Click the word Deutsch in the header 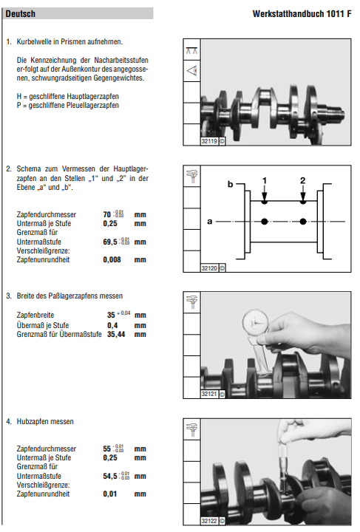(21, 14)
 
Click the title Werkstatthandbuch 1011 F (302, 14)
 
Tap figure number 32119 (209, 141)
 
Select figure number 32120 (209, 268)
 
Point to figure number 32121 (209, 394)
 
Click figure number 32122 (209, 521)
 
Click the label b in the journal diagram (231, 184)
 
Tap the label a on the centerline (210, 222)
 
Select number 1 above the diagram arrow (265, 180)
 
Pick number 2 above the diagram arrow (302, 180)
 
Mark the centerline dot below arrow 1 (265, 222)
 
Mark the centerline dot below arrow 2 (303, 222)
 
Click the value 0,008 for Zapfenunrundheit (112, 260)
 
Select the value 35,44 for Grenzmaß (116, 335)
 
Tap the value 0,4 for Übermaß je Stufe (112, 325)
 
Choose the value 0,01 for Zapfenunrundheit (110, 494)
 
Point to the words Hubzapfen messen (45, 421)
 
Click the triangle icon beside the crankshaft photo (192, 71)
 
